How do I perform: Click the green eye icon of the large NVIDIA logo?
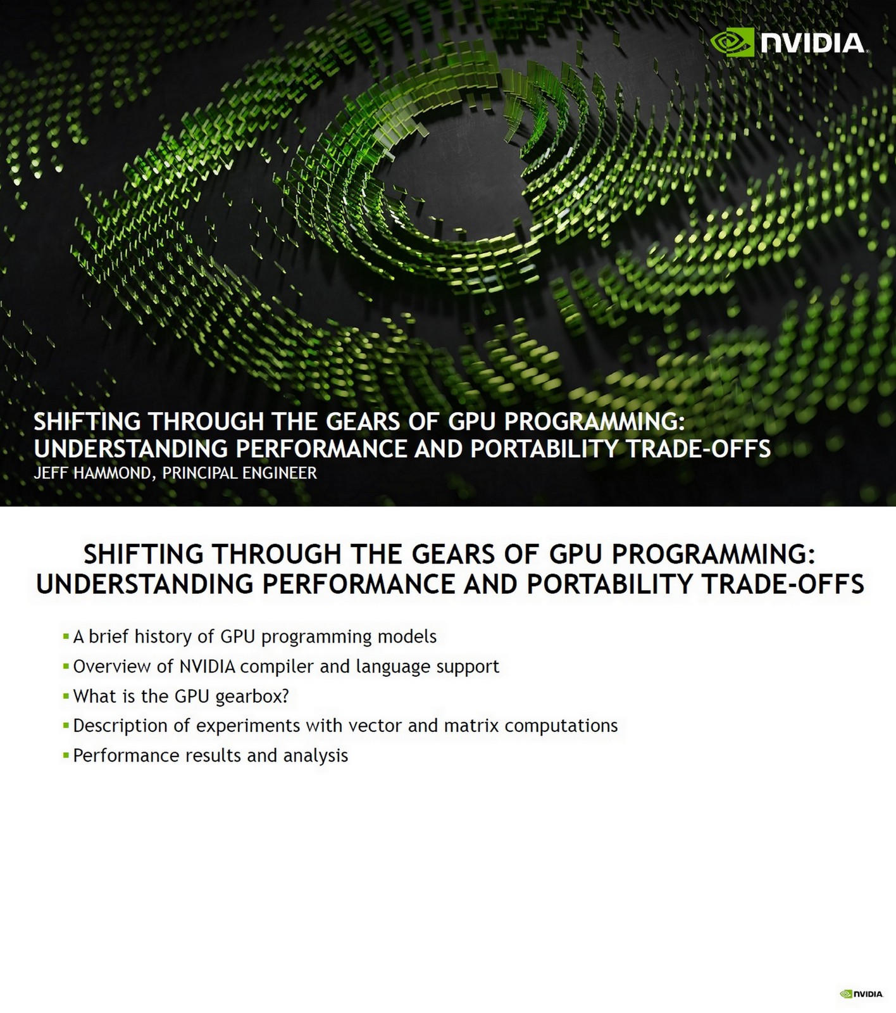click(732, 42)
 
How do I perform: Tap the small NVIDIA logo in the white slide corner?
click(861, 993)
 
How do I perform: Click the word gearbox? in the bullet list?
click(252, 696)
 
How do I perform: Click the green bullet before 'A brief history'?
click(66, 636)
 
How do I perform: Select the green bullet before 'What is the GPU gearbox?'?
click(66, 696)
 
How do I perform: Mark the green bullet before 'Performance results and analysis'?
click(66, 755)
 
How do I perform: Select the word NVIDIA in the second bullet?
click(208, 667)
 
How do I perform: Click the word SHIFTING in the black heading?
click(142, 555)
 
